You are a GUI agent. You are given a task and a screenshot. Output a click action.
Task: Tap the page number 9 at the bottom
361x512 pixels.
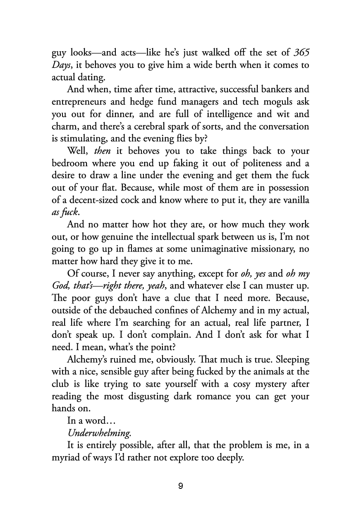click(x=180, y=486)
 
